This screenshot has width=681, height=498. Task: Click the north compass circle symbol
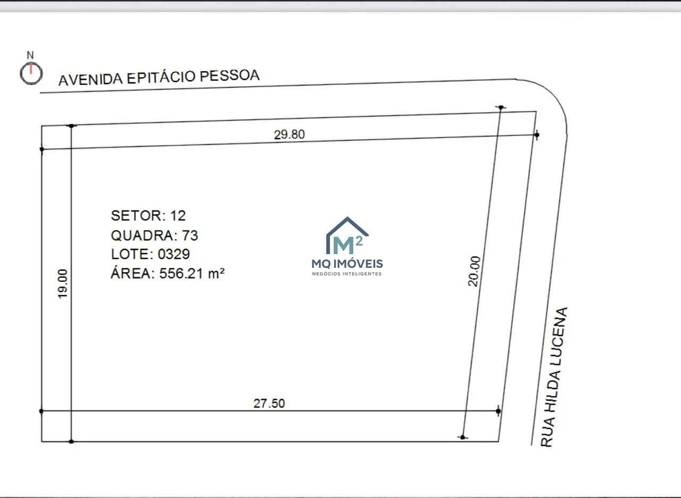tap(21, 74)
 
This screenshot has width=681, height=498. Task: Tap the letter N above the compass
tap(30, 55)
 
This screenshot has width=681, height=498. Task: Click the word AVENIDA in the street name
tap(90, 80)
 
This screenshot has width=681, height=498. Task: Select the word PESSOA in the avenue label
tap(229, 75)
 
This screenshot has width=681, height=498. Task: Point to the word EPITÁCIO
tap(161, 77)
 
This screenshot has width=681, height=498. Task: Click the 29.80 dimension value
tap(289, 134)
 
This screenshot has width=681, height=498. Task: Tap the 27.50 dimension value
tap(269, 403)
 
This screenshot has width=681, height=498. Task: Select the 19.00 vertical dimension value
tap(62, 284)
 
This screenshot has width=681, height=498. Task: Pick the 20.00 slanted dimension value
tap(474, 271)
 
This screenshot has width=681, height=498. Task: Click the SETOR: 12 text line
tap(148, 216)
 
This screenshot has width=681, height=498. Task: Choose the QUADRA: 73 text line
tap(154, 235)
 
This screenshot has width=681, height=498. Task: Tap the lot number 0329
tap(174, 254)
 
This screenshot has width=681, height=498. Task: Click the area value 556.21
tap(181, 274)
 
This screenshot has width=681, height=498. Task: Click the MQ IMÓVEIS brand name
tap(347, 264)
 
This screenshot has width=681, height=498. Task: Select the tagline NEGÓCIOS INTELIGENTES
tap(347, 274)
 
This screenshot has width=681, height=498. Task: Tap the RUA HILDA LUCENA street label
tap(554, 377)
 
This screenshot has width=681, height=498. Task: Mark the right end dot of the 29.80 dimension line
tap(537, 134)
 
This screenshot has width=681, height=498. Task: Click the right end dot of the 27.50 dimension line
tap(498, 411)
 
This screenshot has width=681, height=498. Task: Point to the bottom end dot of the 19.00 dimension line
tap(71, 441)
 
